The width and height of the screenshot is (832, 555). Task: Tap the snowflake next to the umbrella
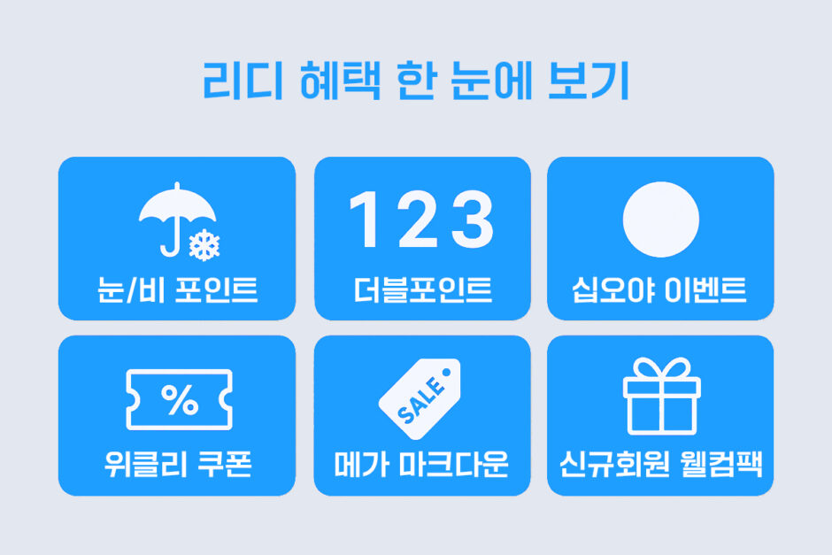tap(204, 245)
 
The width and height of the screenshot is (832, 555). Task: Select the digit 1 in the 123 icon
tap(365, 219)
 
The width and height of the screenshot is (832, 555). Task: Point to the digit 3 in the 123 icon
tap(472, 220)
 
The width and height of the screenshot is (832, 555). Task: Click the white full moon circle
tap(660, 220)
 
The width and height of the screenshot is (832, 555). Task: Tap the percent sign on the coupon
tap(180, 399)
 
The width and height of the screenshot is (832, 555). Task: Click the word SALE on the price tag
tap(420, 400)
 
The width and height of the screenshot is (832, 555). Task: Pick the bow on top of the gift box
tap(662, 368)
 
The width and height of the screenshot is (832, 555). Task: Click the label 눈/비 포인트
tap(177, 289)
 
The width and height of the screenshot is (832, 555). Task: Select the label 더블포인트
tap(423, 289)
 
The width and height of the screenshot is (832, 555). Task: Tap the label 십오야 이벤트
tap(659, 289)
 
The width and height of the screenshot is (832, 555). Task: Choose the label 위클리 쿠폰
tap(178, 464)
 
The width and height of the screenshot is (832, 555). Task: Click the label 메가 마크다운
tap(421, 464)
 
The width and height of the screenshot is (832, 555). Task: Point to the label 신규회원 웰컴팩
tap(661, 464)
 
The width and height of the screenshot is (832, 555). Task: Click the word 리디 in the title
tap(243, 81)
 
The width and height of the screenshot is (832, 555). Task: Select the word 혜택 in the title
tap(340, 81)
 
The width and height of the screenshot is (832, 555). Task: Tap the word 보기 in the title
tap(589, 81)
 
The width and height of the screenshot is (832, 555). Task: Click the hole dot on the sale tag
tap(446, 372)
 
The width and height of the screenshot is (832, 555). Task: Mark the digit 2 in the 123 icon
tap(418, 219)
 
